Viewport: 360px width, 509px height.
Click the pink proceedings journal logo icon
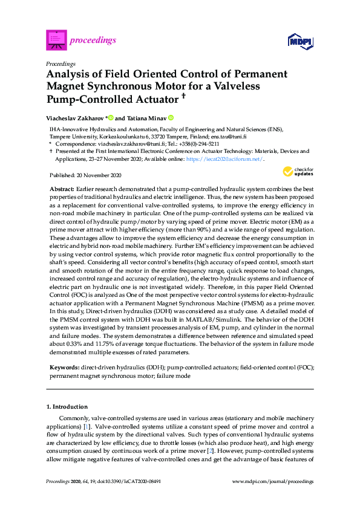(56, 41)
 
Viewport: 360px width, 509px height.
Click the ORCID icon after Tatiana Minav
(171, 118)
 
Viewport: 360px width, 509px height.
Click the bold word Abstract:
(61, 189)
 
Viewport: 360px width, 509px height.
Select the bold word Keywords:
(64, 367)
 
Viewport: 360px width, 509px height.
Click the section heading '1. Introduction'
(67, 406)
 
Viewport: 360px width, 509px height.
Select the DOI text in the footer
(129, 481)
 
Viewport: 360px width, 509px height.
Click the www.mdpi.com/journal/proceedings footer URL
(273, 481)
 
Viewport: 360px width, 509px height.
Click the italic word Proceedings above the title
(61, 63)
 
